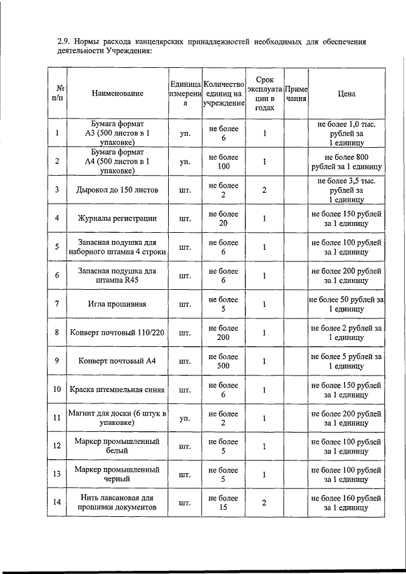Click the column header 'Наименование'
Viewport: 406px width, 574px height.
click(x=117, y=93)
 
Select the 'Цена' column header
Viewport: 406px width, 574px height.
click(x=346, y=93)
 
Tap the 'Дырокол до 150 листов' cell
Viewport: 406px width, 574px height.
click(x=117, y=190)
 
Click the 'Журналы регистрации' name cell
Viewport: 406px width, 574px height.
click(x=117, y=219)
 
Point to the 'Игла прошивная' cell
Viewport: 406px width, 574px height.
click(x=117, y=304)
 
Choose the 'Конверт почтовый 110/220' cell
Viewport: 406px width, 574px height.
click(x=117, y=333)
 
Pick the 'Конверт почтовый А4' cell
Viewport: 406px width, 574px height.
click(x=117, y=362)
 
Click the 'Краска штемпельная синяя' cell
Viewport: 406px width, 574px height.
click(x=117, y=390)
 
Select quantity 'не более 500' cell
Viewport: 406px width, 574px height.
click(x=223, y=362)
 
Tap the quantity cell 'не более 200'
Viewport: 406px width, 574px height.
click(x=223, y=333)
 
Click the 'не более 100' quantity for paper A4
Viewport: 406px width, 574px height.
click(x=223, y=162)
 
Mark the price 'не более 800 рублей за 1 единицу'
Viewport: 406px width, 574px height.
click(x=346, y=162)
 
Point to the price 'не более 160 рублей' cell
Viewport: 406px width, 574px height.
click(x=346, y=504)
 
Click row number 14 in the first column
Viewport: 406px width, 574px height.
click(x=57, y=504)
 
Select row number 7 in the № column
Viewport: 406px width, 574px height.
click(x=57, y=304)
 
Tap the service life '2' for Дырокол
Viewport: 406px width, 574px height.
click(x=264, y=190)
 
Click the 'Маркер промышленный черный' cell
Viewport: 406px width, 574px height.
click(x=117, y=475)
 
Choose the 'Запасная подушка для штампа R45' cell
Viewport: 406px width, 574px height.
click(x=117, y=276)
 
